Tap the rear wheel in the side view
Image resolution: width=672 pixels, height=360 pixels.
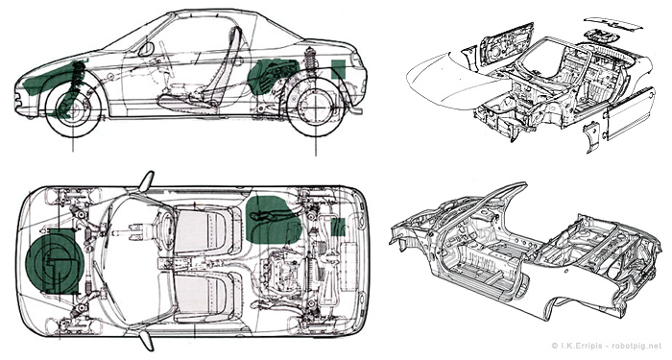[x=316, y=107]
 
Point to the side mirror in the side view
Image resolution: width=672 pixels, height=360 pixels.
[x=146, y=49]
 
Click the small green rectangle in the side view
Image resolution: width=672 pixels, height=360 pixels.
[x=339, y=68]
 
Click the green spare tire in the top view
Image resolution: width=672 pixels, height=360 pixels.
[x=55, y=261]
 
